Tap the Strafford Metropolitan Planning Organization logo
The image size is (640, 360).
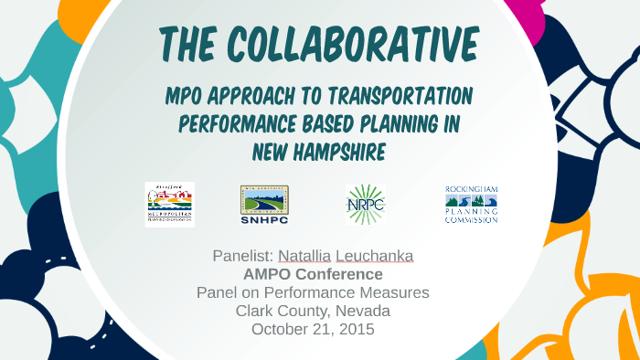point(169,204)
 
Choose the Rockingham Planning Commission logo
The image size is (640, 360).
point(471,204)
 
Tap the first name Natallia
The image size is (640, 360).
point(305,256)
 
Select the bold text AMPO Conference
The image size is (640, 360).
point(313,274)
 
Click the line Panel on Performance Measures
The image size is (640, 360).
point(313,292)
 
